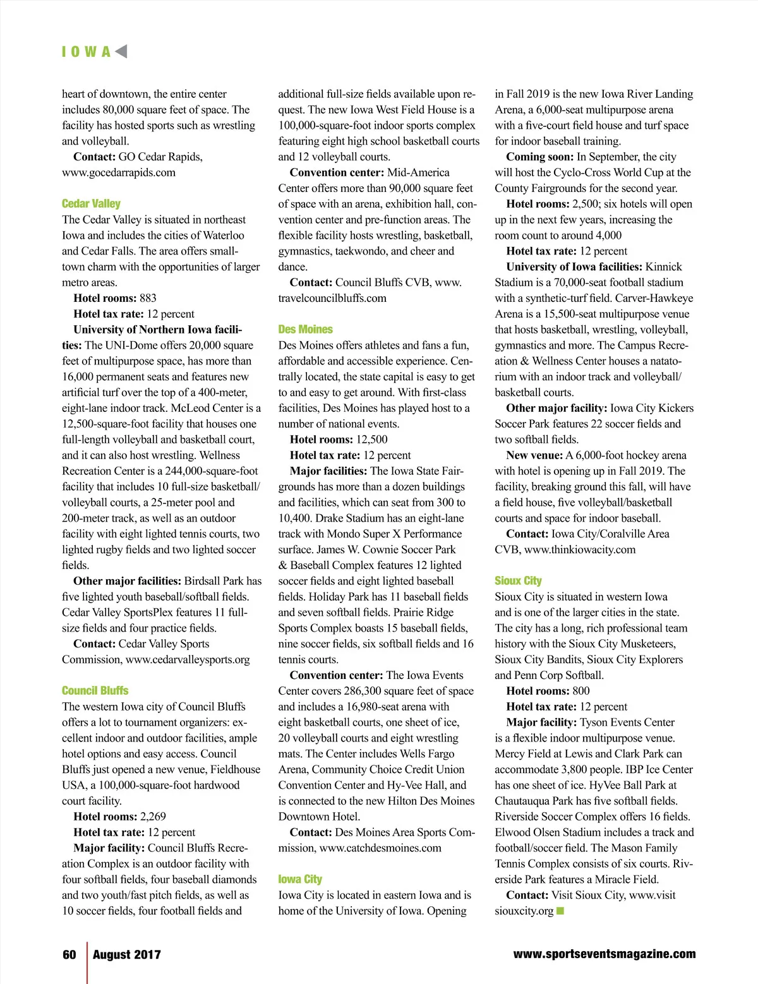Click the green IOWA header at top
(x=86, y=52)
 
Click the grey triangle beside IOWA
(x=121, y=51)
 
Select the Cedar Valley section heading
(x=91, y=203)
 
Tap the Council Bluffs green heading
(x=95, y=690)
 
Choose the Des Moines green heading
(x=305, y=329)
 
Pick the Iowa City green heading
(x=300, y=879)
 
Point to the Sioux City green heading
(x=518, y=580)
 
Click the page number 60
(x=69, y=954)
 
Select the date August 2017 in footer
(x=127, y=954)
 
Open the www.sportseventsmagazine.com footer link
(x=605, y=954)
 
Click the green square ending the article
(x=560, y=911)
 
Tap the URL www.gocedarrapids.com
(x=119, y=172)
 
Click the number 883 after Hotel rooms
(x=148, y=298)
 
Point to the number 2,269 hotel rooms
(x=153, y=816)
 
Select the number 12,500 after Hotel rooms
(x=372, y=439)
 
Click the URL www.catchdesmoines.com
(x=380, y=848)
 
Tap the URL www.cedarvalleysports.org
(x=188, y=659)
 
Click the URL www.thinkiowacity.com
(x=580, y=549)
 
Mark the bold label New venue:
(x=534, y=455)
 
